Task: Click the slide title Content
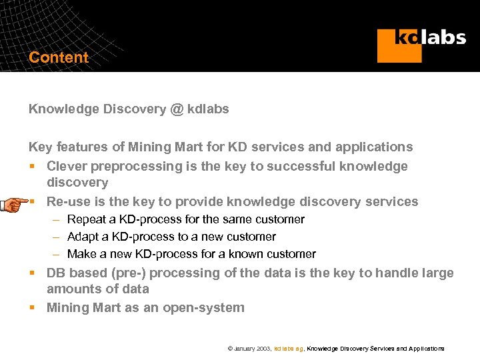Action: [59, 57]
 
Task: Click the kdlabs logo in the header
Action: [421, 44]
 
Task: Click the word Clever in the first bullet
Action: [67, 166]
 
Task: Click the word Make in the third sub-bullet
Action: [82, 254]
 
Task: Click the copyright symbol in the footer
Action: [230, 349]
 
